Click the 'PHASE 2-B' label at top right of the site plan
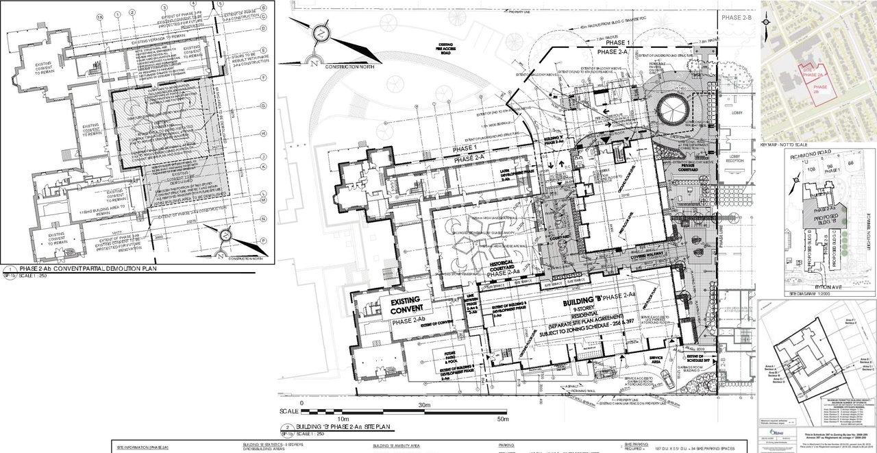736,19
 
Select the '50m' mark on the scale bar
502,419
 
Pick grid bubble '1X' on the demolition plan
101,14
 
